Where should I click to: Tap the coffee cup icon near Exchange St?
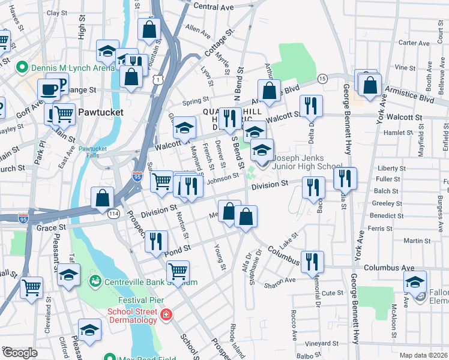(49, 91)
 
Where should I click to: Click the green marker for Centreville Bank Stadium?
(94, 281)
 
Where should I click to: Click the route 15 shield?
(322, 79)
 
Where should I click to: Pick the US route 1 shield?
(157, 79)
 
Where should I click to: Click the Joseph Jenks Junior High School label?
(307, 163)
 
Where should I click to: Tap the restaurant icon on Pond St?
(156, 242)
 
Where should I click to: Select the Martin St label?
(413, 241)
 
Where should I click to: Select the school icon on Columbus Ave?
(415, 282)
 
